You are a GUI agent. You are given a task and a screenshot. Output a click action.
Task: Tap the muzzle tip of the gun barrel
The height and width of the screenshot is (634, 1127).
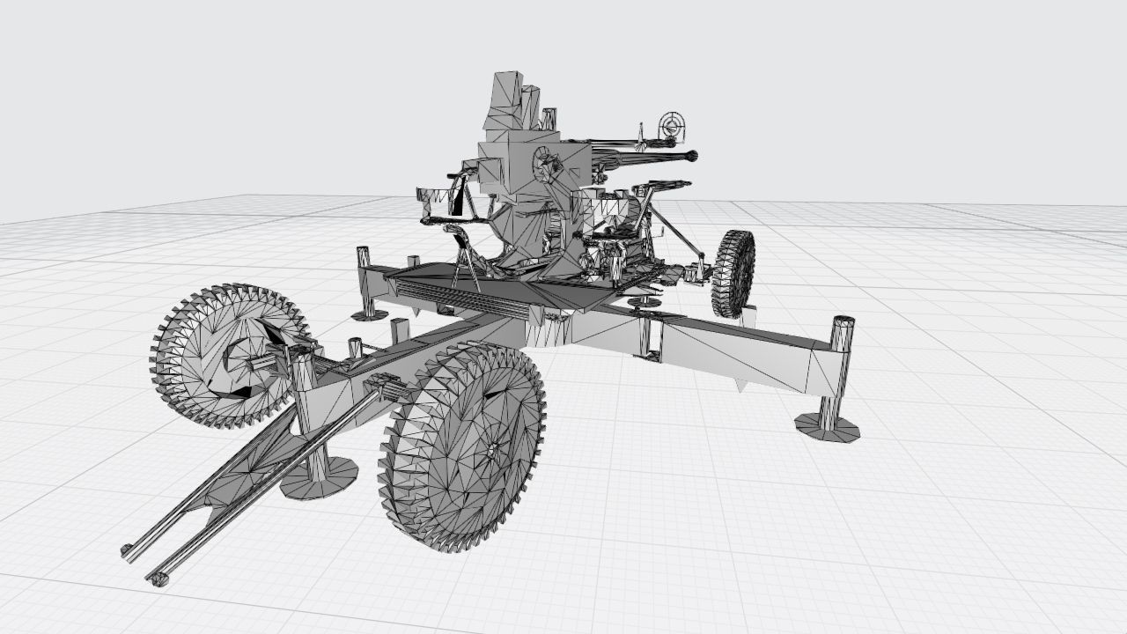[692, 156]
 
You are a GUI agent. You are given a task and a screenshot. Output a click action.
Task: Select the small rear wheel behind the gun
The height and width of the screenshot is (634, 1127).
[733, 273]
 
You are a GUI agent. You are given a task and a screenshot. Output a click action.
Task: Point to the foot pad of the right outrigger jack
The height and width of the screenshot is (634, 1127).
[827, 428]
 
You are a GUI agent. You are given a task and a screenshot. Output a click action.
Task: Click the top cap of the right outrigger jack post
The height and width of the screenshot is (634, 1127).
[843, 322]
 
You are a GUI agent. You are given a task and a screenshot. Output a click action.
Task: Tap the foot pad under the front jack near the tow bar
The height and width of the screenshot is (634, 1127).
[319, 478]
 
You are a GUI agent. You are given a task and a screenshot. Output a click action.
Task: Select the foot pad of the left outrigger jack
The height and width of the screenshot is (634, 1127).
[370, 314]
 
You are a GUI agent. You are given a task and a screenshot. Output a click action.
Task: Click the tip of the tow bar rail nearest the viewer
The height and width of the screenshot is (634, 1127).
[159, 579]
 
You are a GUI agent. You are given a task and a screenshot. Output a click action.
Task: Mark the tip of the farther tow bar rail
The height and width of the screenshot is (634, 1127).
[128, 551]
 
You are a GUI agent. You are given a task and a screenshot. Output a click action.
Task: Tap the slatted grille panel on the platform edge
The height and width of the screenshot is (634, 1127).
[458, 297]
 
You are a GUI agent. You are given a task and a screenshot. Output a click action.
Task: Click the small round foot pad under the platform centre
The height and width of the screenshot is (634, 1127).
[644, 302]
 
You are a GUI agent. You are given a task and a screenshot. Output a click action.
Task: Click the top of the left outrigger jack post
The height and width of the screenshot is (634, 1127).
[363, 252]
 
